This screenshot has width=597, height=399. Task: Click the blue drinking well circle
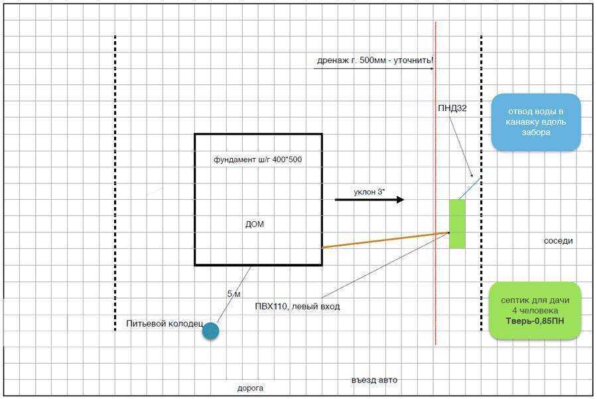pos(210,331)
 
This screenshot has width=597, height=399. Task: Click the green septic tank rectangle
pos(457,224)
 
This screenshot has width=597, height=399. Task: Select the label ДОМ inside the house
pos(254,224)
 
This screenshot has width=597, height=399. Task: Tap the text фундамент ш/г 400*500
pos(258,159)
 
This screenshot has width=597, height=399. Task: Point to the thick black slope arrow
pos(369,199)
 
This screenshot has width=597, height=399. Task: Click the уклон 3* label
pos(369,192)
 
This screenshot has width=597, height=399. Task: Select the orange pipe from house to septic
pos(385,240)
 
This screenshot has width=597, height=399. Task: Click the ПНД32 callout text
pos(452,108)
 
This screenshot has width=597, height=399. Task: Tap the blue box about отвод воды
pos(536,122)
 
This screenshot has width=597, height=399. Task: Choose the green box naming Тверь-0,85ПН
pos(535,311)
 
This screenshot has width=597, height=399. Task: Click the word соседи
pos(558,241)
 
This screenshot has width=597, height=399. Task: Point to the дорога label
pos(250,388)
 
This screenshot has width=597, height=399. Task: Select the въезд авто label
pos(374,380)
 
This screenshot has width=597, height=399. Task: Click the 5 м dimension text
pos(233,294)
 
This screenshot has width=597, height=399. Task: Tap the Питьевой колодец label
pos(165,323)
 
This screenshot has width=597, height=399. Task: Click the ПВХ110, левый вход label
pos(297,307)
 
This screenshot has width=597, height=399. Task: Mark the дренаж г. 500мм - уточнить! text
pos(375,60)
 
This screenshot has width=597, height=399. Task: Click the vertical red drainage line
pos(436,184)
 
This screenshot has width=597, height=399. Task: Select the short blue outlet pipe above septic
pos(470,189)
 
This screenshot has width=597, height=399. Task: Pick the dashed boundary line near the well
pos(115,183)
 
